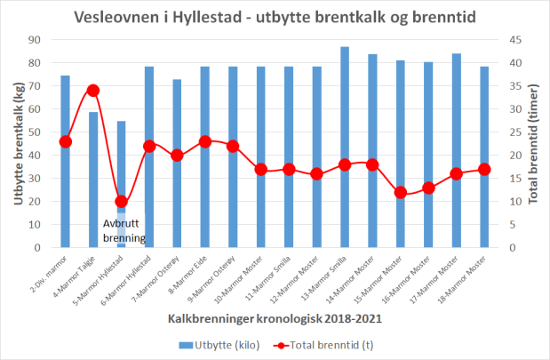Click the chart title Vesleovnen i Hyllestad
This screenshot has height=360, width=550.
click(x=274, y=18)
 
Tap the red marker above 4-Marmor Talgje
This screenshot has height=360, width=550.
click(x=93, y=91)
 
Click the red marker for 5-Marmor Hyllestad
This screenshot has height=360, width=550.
click(x=121, y=201)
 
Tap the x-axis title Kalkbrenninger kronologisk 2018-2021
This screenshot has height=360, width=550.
click(x=274, y=317)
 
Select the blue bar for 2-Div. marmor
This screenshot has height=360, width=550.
click(x=66, y=161)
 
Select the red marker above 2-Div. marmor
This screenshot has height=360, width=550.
click(x=66, y=141)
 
